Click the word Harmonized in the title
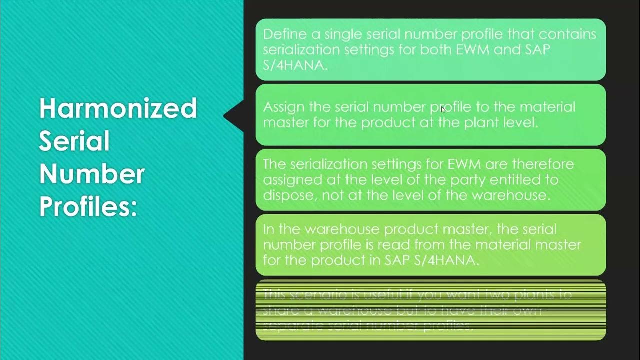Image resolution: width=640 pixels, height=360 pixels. [x=118, y=108]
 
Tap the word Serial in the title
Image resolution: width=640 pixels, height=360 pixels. [x=74, y=142]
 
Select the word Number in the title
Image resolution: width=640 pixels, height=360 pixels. [x=92, y=174]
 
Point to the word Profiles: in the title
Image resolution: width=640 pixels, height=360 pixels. [x=88, y=207]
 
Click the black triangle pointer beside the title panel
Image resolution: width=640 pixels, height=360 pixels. [x=233, y=116]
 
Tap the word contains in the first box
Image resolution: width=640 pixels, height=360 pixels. [x=567, y=34]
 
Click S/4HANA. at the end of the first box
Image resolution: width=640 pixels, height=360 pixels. [x=295, y=65]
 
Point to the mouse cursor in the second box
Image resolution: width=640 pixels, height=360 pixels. [x=443, y=109]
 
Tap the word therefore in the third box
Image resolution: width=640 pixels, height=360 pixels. [x=544, y=164]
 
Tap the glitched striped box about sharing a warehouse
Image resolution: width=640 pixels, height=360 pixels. [x=430, y=310]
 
